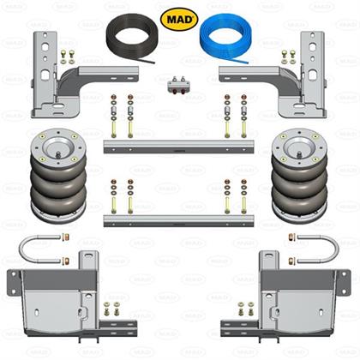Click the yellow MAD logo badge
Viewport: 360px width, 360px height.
179,19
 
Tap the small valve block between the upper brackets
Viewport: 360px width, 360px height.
179,85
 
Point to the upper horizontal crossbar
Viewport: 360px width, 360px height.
178,147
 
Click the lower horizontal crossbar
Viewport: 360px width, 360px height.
178,221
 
